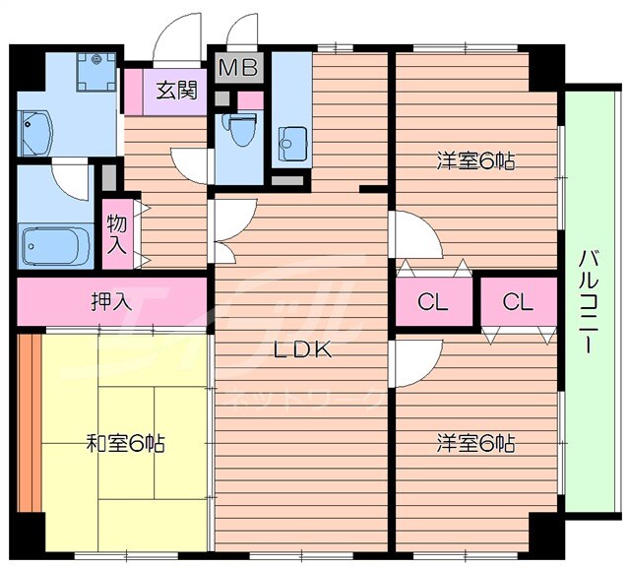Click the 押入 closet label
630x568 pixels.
pos(111,300)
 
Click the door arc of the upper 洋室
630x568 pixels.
pos(413,236)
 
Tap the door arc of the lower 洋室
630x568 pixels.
pos(413,362)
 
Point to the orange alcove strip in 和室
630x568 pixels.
pos(27,423)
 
